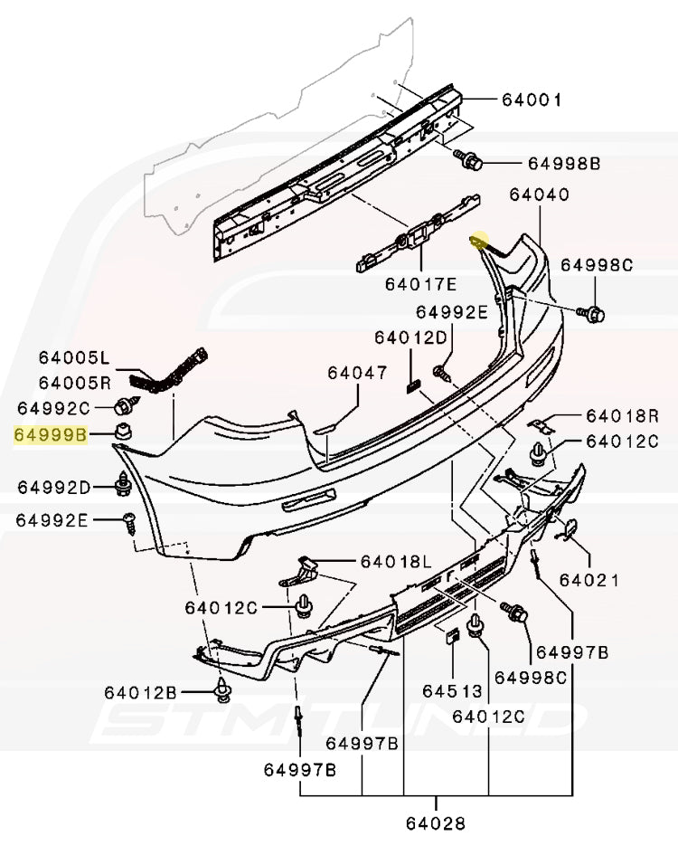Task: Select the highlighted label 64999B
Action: pos(51,435)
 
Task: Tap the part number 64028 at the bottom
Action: pos(436,823)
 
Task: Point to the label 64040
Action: pos(539,195)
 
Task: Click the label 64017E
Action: pos(422,284)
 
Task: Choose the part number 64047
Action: pos(357,373)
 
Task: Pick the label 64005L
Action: pos(73,357)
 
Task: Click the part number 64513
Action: pos(453,692)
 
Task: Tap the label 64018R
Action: pos(622,416)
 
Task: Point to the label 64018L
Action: pos(397,562)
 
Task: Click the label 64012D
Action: pos(411,337)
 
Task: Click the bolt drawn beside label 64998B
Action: pos(471,161)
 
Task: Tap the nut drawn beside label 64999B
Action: pos(122,432)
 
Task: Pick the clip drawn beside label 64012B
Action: pos(221,692)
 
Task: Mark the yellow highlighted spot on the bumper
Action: pos(477,242)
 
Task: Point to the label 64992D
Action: pos(54,488)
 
